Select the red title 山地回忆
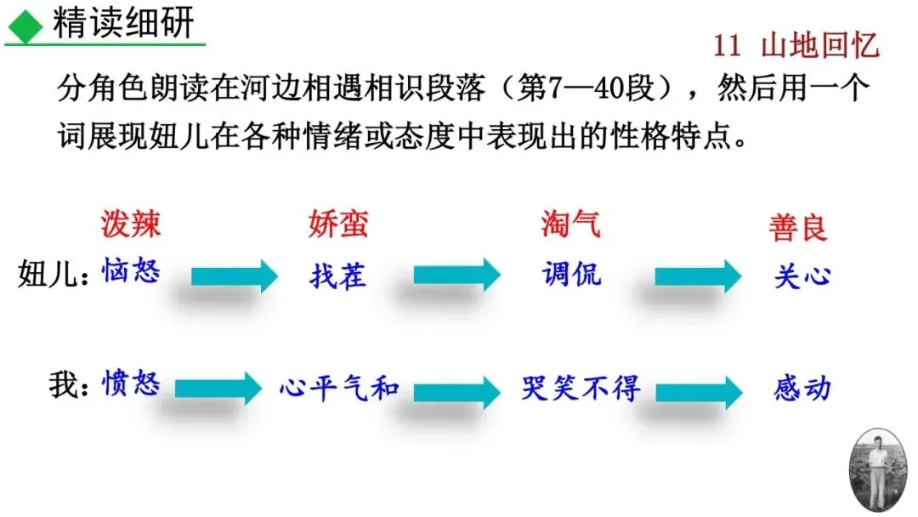[819, 46]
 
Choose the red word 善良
[798, 229]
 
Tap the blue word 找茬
[337, 276]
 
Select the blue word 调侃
[570, 273]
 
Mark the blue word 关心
[802, 276]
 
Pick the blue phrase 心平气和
[338, 388]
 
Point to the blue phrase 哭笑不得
[581, 388]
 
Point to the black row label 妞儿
[49, 276]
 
